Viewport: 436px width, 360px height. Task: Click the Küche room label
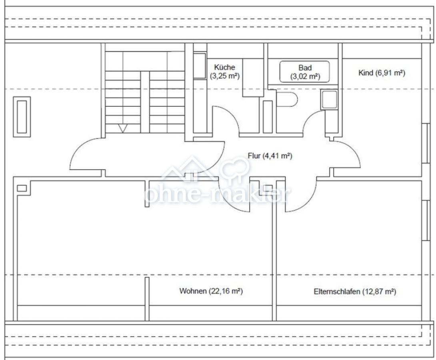[x=225, y=72]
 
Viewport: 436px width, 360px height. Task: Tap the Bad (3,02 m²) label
[x=305, y=72]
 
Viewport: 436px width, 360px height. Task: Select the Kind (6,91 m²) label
[x=382, y=73]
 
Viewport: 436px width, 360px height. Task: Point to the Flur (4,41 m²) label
[x=270, y=156]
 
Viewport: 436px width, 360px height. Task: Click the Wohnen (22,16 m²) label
[x=211, y=291]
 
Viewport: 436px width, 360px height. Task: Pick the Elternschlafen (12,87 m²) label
[x=355, y=292]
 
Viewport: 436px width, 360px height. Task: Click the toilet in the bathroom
[x=287, y=99]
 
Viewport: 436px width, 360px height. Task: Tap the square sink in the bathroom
[x=329, y=100]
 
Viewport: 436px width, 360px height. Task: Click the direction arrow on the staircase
[x=123, y=128]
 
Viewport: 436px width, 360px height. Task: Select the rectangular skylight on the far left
[x=22, y=117]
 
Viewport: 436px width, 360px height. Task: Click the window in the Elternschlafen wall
[x=425, y=220]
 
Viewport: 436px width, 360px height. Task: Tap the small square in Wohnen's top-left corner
[x=22, y=188]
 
